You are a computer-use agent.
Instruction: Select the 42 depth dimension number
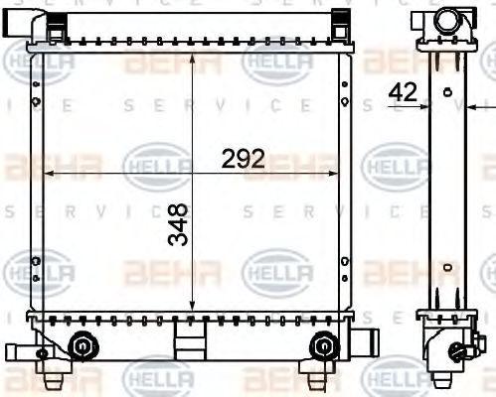click(x=404, y=91)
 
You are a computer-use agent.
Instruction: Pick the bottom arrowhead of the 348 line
click(x=193, y=305)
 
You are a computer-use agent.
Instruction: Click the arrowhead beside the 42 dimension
click(x=422, y=105)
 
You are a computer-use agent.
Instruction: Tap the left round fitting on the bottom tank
click(x=83, y=345)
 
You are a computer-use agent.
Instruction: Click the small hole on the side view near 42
click(x=447, y=93)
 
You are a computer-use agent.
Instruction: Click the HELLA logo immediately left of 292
click(x=154, y=165)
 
